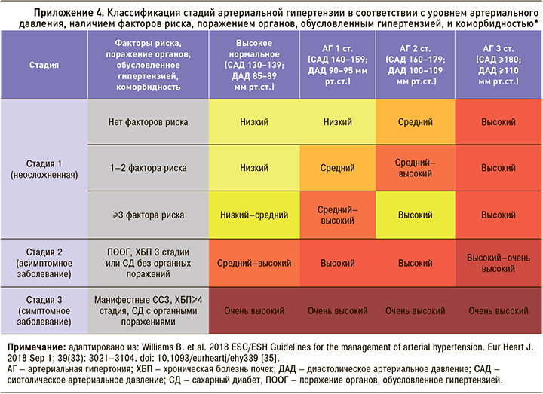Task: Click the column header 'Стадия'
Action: [44, 65]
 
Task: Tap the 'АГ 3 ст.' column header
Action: [499, 65]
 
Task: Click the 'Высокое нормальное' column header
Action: [254, 65]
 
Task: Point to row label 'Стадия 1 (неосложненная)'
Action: [44, 168]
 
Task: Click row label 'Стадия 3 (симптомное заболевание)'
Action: [44, 310]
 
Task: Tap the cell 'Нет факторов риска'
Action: [148, 121]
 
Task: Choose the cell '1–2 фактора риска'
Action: [148, 169]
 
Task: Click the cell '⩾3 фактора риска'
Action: [148, 215]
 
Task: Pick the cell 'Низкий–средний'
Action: [254, 215]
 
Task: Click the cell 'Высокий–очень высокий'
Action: [499, 263]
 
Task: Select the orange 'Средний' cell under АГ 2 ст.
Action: [416, 121]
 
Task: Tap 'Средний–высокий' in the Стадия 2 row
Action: [254, 263]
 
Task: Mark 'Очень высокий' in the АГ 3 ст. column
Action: [499, 310]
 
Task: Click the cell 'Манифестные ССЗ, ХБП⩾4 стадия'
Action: [148, 310]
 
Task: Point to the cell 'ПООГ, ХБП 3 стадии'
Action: [148, 263]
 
